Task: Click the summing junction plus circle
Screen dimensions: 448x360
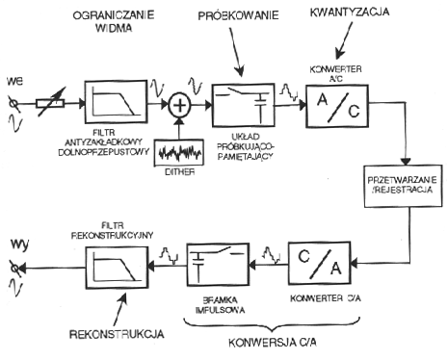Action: (x=180, y=105)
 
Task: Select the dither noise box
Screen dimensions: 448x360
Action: (x=179, y=152)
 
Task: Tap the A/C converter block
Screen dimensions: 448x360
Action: (x=337, y=106)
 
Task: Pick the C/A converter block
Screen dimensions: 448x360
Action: (x=320, y=264)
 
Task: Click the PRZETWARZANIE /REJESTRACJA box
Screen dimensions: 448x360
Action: (x=403, y=187)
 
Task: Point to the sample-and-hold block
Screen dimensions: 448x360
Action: (x=243, y=105)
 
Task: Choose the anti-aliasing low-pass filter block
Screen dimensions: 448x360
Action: (x=116, y=102)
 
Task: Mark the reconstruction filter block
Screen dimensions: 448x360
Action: (x=117, y=268)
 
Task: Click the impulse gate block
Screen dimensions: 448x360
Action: (x=218, y=265)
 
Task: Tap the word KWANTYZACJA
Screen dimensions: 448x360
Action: (x=350, y=12)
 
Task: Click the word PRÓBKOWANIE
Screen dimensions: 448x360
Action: (x=238, y=15)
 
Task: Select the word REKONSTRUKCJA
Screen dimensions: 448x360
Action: (x=117, y=334)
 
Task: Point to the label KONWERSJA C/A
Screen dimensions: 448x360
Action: (x=273, y=343)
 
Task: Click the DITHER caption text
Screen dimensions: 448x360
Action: (x=180, y=172)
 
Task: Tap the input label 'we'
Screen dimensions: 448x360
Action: (x=14, y=81)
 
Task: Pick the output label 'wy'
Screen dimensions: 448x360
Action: (x=19, y=244)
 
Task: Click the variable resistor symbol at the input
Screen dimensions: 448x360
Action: (x=51, y=103)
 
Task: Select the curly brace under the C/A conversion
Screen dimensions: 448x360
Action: (x=272, y=324)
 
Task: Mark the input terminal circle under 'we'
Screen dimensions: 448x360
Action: (x=13, y=104)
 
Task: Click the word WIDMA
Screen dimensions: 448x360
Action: (x=114, y=28)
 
